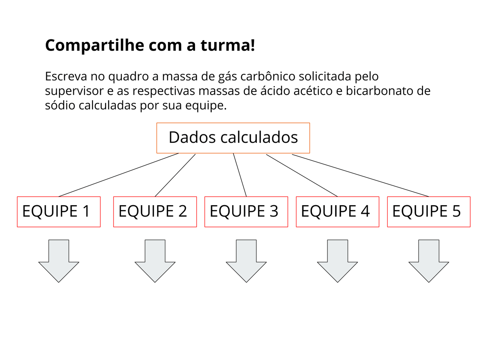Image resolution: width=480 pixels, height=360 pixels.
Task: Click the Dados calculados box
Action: (233, 138)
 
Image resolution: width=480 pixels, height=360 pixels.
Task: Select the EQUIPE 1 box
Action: (58, 212)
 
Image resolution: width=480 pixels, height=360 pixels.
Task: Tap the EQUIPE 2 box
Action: (155, 212)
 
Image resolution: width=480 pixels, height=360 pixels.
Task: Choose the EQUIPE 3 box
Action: (246, 212)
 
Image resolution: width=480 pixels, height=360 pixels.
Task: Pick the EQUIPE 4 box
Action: (337, 212)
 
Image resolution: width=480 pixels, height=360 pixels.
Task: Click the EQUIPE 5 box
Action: (429, 212)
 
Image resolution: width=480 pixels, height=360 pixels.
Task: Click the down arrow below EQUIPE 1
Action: (58, 261)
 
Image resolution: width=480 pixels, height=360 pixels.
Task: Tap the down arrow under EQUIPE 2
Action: (155, 261)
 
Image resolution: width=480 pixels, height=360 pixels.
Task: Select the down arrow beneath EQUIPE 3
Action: (246, 261)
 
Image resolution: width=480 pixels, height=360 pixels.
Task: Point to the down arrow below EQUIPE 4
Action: (337, 261)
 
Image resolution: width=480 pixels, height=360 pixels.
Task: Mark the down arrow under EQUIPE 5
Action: (429, 261)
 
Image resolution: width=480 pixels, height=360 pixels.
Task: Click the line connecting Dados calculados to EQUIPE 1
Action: (118, 175)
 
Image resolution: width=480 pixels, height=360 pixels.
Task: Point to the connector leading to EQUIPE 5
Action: (360, 175)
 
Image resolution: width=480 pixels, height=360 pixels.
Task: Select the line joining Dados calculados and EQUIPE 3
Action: (240, 175)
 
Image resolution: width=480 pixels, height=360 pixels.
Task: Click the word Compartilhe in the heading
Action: (94, 46)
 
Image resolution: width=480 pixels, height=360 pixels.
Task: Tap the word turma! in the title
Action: (228, 45)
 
